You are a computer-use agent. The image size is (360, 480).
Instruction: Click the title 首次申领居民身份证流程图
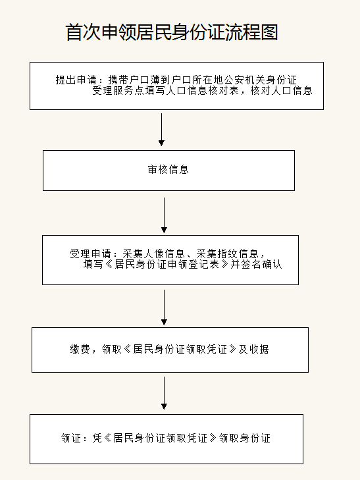pos(172,32)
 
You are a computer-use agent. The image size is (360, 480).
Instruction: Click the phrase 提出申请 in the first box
pos(76,80)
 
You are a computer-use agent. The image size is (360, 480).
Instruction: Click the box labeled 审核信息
pos(168,171)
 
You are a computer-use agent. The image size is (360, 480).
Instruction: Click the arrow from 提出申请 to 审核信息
pos(161,130)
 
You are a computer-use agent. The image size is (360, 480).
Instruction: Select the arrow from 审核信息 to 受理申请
pos(165,215)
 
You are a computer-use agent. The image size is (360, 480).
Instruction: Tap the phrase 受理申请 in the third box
pos(90,253)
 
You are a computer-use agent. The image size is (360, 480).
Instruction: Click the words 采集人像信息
pos(154,253)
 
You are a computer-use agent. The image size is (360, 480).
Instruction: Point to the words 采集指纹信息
pos(228,253)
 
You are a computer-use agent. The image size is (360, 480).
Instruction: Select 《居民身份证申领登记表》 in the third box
pos(167,264)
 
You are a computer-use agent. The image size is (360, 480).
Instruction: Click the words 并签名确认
pos(256,264)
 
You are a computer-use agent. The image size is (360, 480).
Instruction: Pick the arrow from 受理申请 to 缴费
pos(165,307)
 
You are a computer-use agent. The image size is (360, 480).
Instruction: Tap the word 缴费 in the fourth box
pos(80,349)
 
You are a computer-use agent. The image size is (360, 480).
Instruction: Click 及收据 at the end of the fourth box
pos(253,349)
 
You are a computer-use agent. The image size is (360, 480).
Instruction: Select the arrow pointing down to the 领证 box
pos(165,393)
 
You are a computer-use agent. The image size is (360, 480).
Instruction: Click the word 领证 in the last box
pos(71,438)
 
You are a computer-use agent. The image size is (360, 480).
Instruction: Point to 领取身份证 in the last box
pos(245,438)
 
